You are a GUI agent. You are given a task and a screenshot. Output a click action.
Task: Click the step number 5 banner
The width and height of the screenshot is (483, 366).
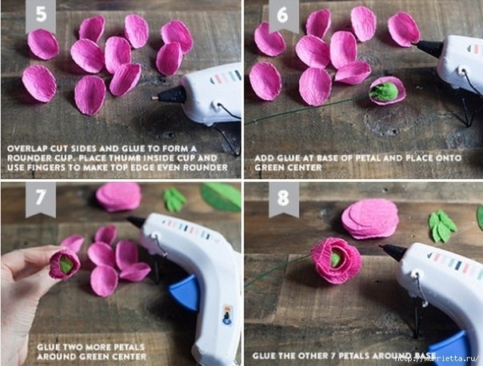click(41, 15)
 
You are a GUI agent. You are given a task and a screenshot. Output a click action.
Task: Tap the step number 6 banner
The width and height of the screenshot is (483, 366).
click(283, 15)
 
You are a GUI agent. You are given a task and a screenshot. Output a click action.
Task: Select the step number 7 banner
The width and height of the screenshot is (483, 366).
click(41, 198)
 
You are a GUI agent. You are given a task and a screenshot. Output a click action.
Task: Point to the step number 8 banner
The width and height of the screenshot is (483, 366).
click(283, 198)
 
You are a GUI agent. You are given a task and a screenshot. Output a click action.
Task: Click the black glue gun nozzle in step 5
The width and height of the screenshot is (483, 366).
click(170, 95)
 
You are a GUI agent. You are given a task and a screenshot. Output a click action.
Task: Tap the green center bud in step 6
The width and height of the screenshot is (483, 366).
click(384, 91)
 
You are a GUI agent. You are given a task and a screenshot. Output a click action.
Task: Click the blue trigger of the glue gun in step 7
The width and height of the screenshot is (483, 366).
click(184, 292)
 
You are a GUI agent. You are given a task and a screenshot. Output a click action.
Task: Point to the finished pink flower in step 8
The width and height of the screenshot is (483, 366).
click(337, 260)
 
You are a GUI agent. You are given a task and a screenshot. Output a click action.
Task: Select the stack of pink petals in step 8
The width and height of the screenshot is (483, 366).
click(370, 218)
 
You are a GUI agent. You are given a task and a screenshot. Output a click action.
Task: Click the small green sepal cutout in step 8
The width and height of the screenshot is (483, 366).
click(442, 225)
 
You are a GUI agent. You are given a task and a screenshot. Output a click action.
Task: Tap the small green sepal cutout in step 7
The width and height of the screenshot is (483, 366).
click(174, 200)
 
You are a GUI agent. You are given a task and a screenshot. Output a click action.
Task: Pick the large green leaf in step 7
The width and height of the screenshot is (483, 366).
click(221, 197)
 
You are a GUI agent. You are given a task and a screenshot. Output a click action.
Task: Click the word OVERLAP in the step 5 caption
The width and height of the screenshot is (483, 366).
click(26, 149)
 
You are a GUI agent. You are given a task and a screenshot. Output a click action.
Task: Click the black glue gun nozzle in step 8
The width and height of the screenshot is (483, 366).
click(393, 252)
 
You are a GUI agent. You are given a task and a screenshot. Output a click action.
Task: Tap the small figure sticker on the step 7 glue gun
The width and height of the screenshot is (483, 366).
click(227, 315)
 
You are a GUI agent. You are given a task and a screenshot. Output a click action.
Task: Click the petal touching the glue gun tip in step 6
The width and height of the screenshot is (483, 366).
click(404, 30)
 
